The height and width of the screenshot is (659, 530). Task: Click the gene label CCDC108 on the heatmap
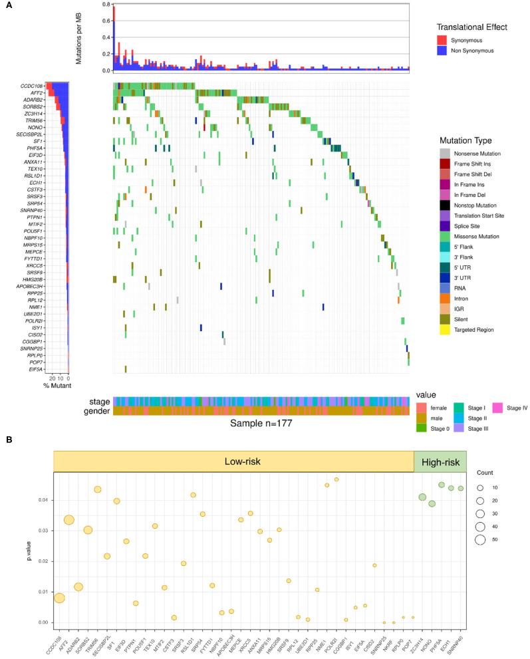click(31, 85)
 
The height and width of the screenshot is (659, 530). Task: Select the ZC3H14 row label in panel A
click(33, 113)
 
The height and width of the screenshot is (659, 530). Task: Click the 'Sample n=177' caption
click(261, 423)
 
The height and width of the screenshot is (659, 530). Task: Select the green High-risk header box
click(440, 461)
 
